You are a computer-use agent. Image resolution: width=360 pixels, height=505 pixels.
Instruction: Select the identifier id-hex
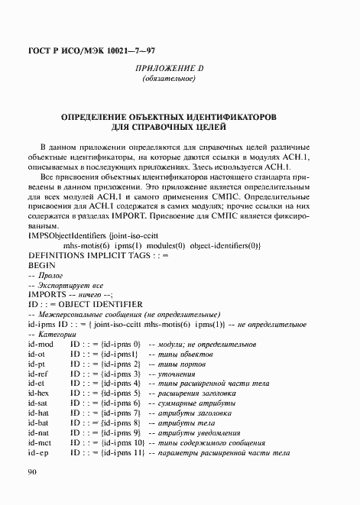pos(37,392)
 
